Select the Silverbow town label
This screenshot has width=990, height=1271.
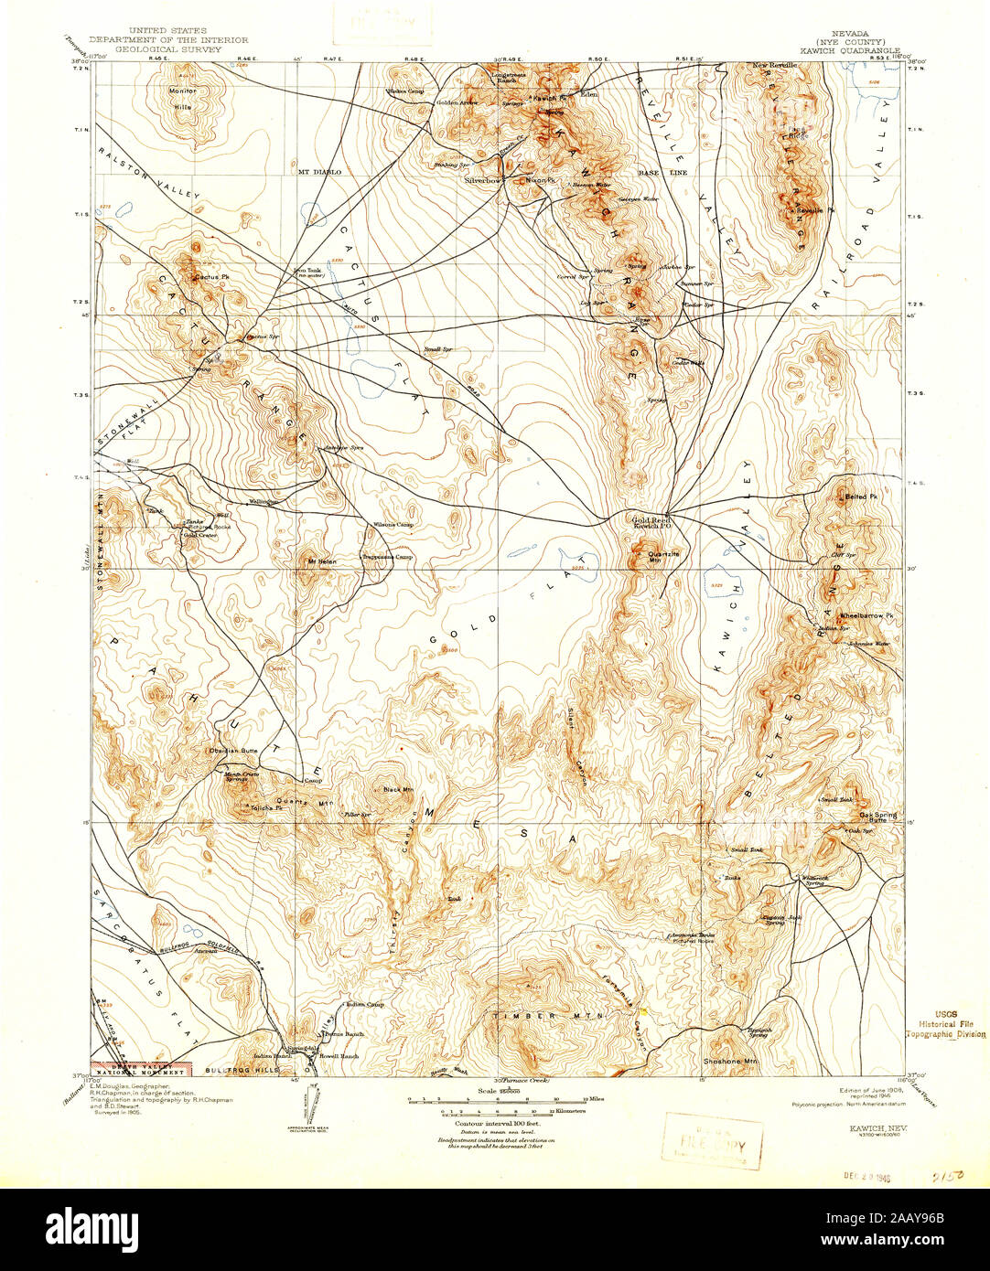[483, 181]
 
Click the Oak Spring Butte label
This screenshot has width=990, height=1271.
[877, 817]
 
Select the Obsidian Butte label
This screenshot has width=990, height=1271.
[233, 751]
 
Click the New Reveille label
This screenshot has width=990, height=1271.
[777, 66]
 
